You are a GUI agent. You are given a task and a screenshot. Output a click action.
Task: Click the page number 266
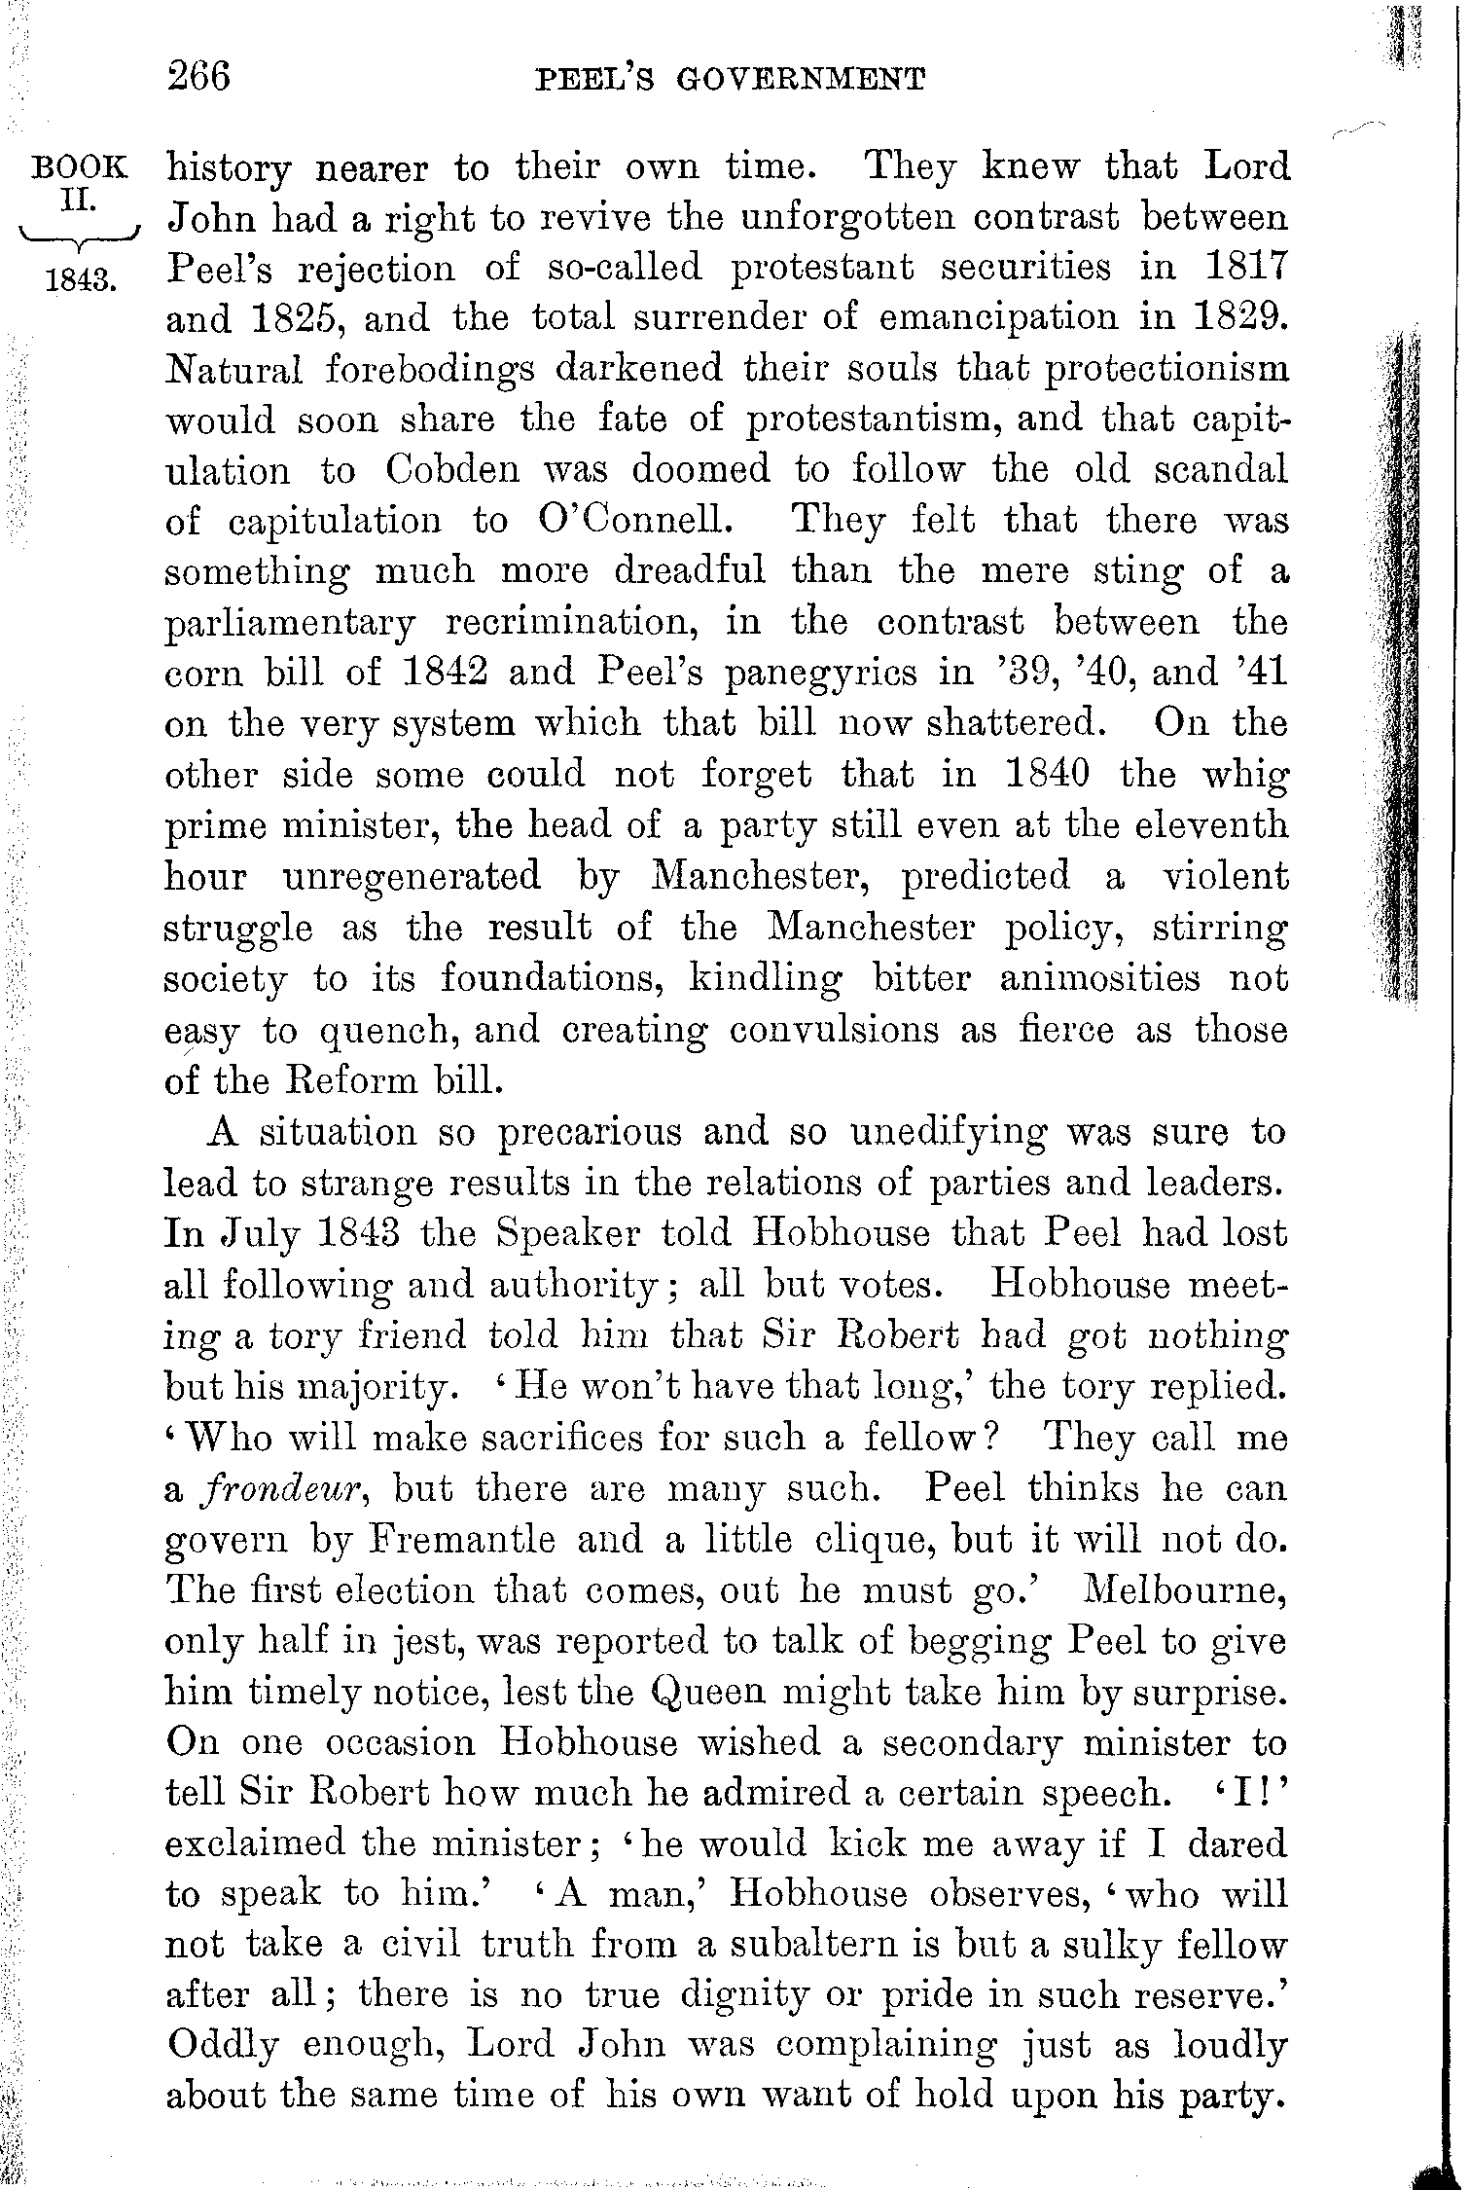(198, 76)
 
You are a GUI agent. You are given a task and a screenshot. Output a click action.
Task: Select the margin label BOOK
(80, 167)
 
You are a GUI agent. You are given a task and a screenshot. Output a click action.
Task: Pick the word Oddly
(219, 2046)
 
